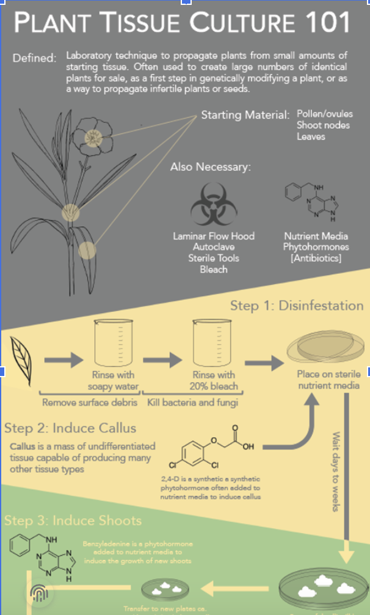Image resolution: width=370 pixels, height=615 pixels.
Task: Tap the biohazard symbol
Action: [214, 205]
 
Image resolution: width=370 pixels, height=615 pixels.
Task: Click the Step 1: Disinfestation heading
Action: [297, 305]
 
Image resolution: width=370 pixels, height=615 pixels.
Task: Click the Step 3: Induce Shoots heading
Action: [73, 521]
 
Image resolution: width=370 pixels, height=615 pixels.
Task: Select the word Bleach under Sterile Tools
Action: [214, 270]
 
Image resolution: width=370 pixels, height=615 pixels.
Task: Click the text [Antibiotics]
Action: [316, 259]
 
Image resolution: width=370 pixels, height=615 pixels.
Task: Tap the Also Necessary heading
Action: [211, 167]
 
